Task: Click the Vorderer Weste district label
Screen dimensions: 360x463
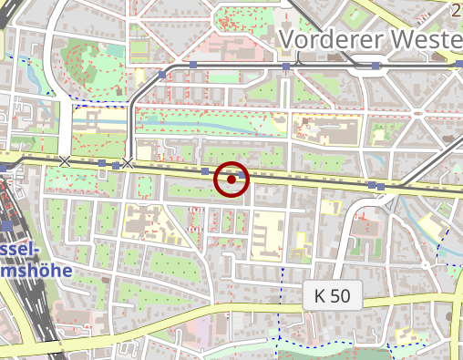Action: point(370,39)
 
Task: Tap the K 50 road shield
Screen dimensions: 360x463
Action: point(333,295)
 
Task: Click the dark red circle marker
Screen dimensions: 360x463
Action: point(231,180)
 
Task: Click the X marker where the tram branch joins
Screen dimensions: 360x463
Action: point(128,163)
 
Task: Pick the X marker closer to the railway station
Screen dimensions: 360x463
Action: point(64,161)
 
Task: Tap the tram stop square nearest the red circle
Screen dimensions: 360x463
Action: point(204,170)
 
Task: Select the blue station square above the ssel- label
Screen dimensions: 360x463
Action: point(7,224)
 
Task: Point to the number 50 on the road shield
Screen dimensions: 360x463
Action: point(342,295)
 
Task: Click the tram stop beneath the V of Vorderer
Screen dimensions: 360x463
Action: point(286,67)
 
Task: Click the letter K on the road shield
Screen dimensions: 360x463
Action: point(320,295)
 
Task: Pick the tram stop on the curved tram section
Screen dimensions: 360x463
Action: point(162,73)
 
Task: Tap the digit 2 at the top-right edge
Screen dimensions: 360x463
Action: point(456,9)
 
